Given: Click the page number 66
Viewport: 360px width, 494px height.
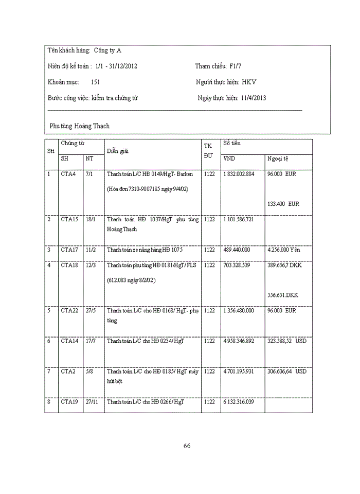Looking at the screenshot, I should click(187, 446).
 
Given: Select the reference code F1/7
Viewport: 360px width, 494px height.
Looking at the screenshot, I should click(235, 66).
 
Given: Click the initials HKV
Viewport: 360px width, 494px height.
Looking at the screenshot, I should click(249, 82).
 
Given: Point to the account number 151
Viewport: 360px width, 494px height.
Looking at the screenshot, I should click(95, 82).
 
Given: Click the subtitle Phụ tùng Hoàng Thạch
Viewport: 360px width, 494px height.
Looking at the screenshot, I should click(80, 126).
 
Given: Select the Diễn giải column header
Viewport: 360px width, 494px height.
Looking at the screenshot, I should click(118, 151).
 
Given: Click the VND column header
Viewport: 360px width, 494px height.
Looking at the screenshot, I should click(229, 158).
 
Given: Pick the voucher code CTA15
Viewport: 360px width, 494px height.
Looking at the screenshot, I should click(69, 219).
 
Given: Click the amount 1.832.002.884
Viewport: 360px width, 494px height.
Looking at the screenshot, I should click(239, 174).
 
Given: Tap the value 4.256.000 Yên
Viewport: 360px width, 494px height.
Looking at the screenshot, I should click(284, 250).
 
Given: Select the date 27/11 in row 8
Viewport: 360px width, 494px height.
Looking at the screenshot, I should click(92, 401).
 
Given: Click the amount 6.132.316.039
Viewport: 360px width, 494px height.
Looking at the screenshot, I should click(239, 401).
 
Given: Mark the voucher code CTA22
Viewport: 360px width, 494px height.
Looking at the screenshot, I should click(69, 310).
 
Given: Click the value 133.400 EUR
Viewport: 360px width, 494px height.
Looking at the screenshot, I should click(283, 204).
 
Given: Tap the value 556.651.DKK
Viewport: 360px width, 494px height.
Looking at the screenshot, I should click(282, 295).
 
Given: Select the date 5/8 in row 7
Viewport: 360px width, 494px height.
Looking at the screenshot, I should click(89, 371).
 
